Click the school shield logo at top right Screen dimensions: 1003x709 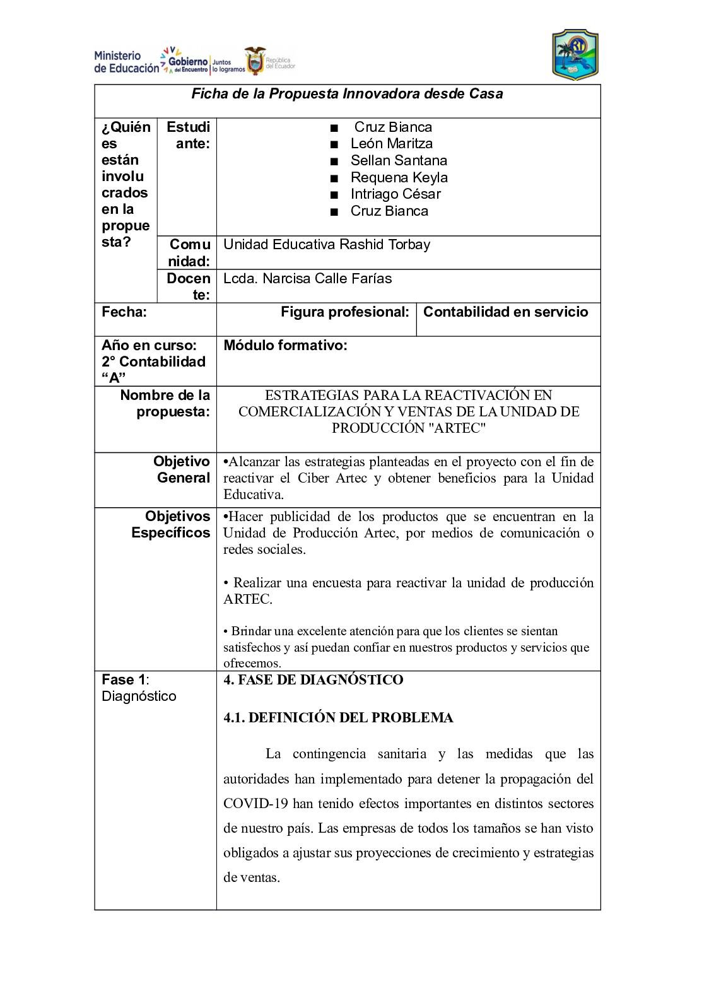point(575,55)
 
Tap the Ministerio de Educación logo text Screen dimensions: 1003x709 point(126,62)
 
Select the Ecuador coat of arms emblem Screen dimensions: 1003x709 point(255,61)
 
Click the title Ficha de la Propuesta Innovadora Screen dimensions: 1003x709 point(347,94)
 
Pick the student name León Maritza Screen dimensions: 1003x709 point(392,144)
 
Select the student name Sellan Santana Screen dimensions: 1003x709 point(399,161)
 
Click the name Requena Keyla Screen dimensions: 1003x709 point(399,177)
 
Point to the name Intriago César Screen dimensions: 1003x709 point(396,194)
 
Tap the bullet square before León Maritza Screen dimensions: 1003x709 point(334,144)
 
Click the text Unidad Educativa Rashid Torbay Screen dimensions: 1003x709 point(327,245)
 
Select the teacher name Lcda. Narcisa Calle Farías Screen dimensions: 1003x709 point(307,279)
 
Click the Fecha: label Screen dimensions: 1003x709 point(124,312)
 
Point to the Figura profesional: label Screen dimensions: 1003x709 point(345,312)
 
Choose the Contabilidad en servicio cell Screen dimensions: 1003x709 point(505,312)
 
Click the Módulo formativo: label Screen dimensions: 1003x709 point(285,346)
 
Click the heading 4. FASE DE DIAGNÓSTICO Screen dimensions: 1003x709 point(313,680)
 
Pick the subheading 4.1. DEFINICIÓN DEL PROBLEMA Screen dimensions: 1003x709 point(338,718)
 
